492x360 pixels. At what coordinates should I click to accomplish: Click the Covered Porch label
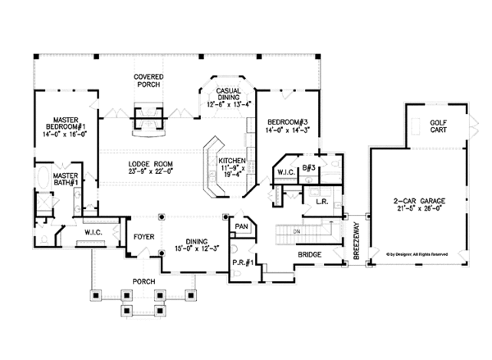pos(148,80)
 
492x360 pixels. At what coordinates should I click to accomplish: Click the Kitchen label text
pos(233,161)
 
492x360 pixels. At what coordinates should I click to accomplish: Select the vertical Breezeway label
pos(356,244)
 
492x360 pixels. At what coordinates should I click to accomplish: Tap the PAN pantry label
pos(241,226)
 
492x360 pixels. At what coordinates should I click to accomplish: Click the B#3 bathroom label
pos(308,167)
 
